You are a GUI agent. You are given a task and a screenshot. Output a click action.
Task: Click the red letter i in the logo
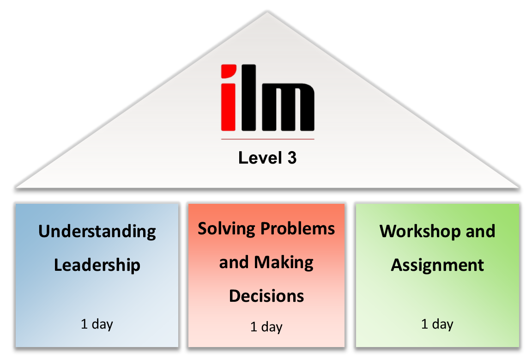(x=228, y=98)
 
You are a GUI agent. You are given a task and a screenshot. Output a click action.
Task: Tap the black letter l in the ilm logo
(x=249, y=98)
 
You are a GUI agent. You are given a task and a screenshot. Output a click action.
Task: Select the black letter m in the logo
(x=288, y=107)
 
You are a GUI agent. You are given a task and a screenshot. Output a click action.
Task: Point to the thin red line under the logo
(x=268, y=139)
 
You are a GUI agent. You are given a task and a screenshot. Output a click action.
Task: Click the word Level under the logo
(x=260, y=158)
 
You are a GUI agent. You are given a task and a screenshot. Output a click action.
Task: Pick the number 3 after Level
(x=292, y=158)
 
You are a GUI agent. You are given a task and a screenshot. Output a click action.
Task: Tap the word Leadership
(x=97, y=265)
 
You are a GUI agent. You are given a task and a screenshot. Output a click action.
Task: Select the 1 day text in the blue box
(x=97, y=324)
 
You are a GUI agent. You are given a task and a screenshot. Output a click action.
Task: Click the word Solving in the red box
(x=226, y=229)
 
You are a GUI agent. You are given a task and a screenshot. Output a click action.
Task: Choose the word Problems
(x=297, y=229)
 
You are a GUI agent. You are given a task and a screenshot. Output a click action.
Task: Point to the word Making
(x=284, y=263)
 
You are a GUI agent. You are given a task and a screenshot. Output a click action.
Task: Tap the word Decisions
(x=266, y=296)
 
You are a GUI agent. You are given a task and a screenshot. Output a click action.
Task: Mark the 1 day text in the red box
(x=266, y=327)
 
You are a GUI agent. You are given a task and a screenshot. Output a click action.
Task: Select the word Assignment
(x=437, y=265)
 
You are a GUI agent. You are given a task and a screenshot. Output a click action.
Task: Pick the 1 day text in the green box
(x=437, y=324)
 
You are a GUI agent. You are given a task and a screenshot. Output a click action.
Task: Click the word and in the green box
(x=480, y=231)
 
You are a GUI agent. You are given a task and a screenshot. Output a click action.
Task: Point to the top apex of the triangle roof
(x=267, y=12)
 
